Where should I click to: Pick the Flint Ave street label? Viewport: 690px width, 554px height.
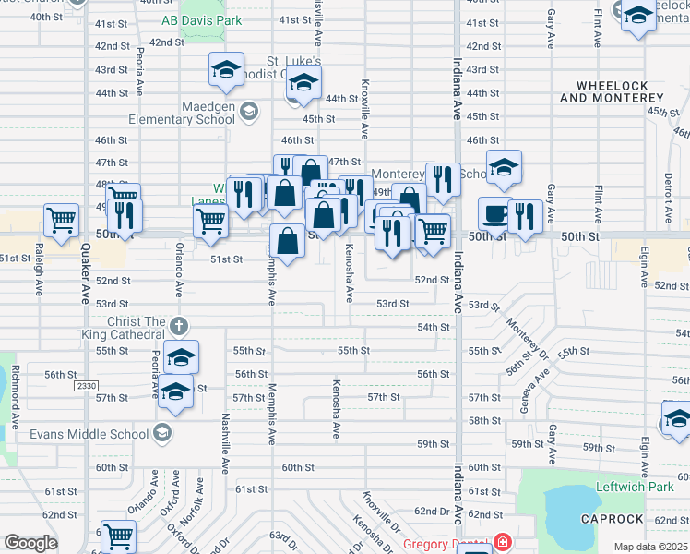coord(598,29)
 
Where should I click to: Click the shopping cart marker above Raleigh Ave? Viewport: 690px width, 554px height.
coord(61,222)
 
